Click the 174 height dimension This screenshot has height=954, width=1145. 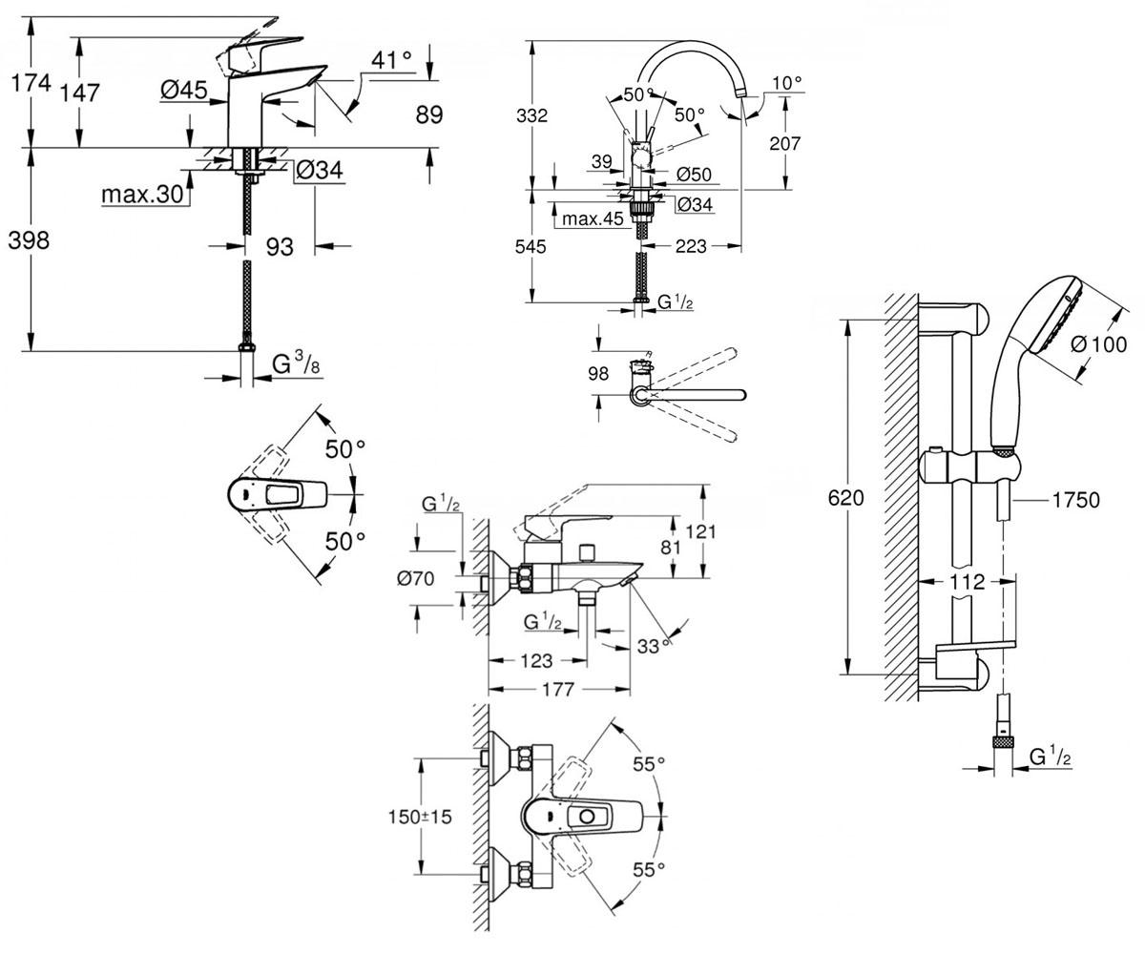(31, 83)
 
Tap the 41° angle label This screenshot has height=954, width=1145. (391, 59)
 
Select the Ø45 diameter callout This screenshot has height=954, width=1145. (184, 90)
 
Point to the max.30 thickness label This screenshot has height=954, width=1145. (142, 194)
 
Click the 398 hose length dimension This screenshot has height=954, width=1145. (29, 240)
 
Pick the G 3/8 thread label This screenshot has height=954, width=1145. (296, 363)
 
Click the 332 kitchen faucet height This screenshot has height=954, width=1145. (531, 115)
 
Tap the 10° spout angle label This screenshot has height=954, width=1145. (787, 83)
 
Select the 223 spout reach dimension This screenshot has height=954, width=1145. (691, 246)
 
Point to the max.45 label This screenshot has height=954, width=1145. (593, 218)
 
